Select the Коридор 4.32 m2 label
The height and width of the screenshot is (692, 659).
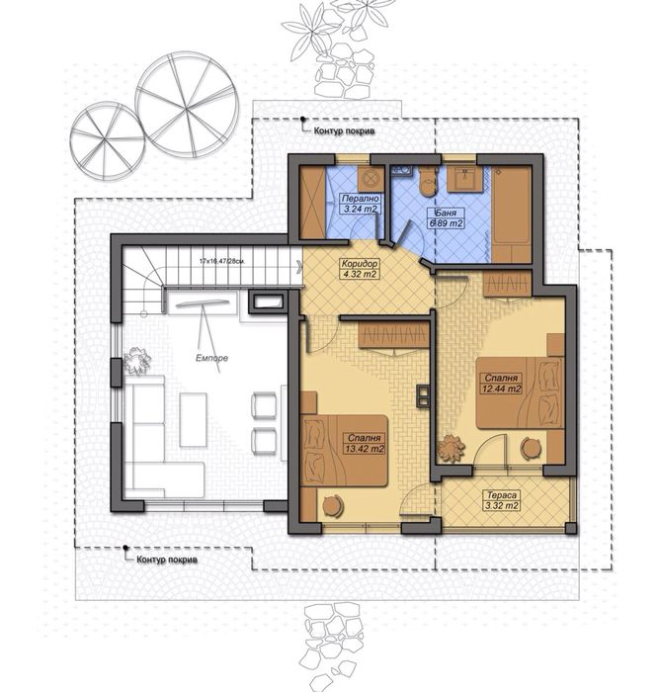[x=360, y=268]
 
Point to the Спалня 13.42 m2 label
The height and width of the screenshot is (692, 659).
[x=365, y=443]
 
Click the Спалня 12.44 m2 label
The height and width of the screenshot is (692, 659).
[x=502, y=383]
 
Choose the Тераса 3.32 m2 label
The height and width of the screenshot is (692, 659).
[x=502, y=500]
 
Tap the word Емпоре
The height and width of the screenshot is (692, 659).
[x=212, y=358]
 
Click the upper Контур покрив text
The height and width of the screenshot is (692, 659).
[x=345, y=130]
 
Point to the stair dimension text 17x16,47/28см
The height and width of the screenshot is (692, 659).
[x=221, y=262]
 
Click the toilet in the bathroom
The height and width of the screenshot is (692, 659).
[x=427, y=181]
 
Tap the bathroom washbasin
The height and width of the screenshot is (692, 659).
[x=465, y=178]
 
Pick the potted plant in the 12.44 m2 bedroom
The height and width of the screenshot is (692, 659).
[x=453, y=448]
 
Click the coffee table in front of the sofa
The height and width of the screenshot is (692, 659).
[x=193, y=419]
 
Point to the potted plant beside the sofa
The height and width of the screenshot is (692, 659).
[x=137, y=363]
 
